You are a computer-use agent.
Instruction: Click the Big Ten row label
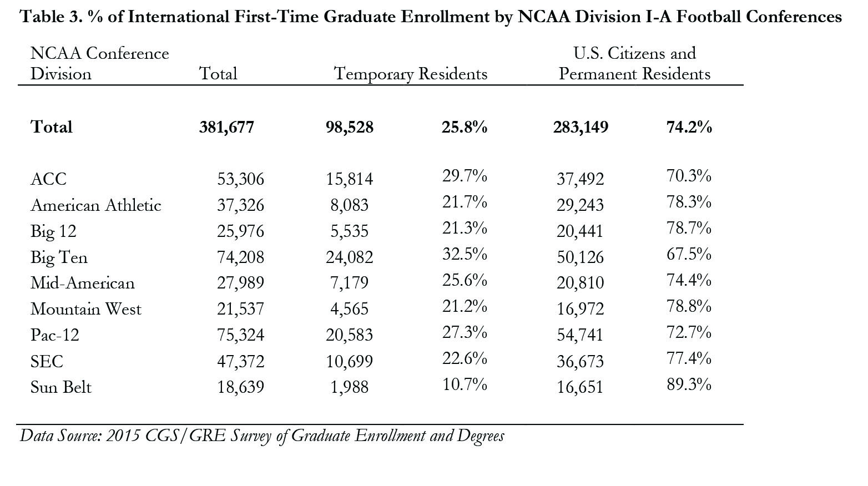pos(59,257)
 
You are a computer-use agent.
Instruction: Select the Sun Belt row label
pos(61,387)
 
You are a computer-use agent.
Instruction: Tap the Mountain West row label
pos(85,309)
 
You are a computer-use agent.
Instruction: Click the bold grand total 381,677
pos(226,128)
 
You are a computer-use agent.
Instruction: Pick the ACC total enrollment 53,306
pos(240,179)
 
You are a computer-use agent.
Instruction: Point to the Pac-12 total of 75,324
pos(240,335)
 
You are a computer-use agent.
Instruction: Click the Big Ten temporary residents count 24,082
pos(349,257)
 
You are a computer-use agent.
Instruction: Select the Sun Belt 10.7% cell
pos(464,384)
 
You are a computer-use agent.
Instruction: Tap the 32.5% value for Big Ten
pos(464,255)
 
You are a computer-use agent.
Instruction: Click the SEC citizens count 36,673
pos(580,361)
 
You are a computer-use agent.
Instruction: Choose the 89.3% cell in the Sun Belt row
pos(689,384)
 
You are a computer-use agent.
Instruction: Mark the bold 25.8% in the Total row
pos(464,128)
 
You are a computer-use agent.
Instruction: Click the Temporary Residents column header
pos(411,74)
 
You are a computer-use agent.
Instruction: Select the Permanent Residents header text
pos(634,74)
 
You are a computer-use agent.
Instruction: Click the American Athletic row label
pos(95,205)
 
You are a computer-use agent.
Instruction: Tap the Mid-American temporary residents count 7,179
pos(349,283)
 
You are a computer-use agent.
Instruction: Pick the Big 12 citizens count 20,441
pos(580,231)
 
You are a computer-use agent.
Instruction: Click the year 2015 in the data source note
pos(123,436)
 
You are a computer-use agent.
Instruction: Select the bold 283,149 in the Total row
pos(581,128)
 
